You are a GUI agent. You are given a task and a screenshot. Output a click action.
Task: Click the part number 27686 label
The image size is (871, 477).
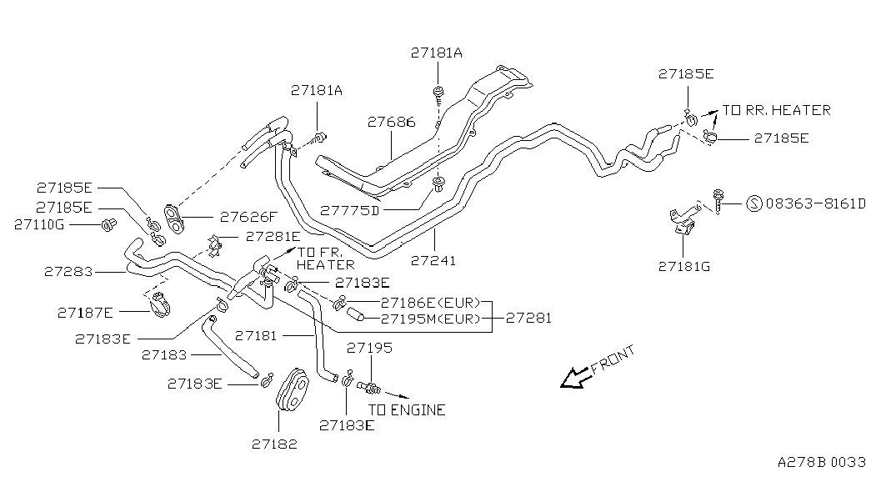(x=391, y=122)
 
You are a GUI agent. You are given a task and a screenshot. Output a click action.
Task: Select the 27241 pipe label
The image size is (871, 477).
(x=433, y=260)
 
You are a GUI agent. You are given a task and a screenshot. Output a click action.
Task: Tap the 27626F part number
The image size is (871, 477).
(x=248, y=217)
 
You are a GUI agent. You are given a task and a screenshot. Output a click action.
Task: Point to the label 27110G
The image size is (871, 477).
(x=39, y=224)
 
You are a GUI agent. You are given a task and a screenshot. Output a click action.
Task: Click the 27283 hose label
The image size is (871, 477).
(x=68, y=272)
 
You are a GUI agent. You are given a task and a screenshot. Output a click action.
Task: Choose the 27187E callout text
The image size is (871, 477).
(x=85, y=313)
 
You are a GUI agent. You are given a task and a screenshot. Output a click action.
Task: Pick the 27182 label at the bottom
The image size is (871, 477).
(x=274, y=444)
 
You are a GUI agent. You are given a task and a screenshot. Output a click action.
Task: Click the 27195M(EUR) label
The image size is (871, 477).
(x=431, y=319)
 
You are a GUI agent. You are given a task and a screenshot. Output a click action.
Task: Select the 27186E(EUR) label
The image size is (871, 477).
(x=431, y=303)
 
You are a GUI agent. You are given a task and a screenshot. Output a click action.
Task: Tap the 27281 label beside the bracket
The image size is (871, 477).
(x=528, y=318)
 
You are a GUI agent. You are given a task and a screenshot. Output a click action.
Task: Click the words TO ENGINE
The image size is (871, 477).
(x=408, y=410)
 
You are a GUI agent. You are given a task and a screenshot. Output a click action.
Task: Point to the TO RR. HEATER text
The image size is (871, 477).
(x=777, y=110)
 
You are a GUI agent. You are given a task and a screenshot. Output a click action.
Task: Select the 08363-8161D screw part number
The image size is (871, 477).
(x=815, y=204)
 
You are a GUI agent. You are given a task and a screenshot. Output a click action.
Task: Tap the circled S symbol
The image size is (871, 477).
(x=753, y=203)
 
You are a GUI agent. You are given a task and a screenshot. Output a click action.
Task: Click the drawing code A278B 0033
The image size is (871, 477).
(x=822, y=462)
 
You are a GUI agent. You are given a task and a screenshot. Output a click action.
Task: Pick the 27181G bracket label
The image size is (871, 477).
(x=684, y=267)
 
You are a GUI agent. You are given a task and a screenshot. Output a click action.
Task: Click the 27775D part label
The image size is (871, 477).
(x=349, y=210)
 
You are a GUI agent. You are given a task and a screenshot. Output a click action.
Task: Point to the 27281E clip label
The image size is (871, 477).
(x=273, y=236)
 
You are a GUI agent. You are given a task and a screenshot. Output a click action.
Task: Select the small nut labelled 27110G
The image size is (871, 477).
(x=109, y=225)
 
